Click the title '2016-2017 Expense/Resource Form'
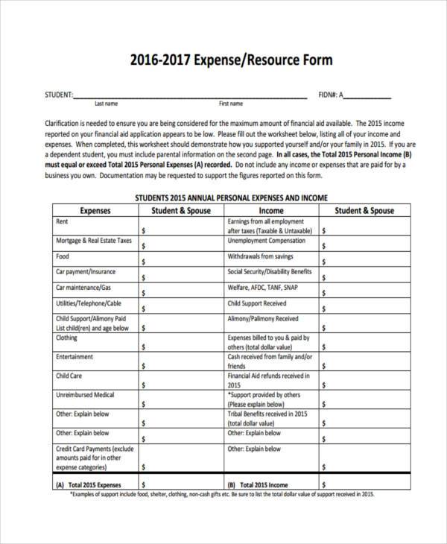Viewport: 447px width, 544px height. pyautogui.click(x=223, y=59)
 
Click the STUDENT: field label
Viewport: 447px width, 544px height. pyautogui.click(x=58, y=95)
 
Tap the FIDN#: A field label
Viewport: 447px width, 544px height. pyautogui.click(x=331, y=95)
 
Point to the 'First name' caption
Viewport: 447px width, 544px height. pyautogui.click(x=231, y=104)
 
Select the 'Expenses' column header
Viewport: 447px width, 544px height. pyautogui.click(x=95, y=211)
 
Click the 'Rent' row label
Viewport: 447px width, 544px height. pyautogui.click(x=63, y=221)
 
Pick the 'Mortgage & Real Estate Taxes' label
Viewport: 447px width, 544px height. pyautogui.click(x=93, y=241)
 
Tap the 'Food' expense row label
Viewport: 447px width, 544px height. pyautogui.click(x=63, y=256)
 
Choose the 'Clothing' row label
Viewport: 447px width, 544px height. pyautogui.click(x=66, y=337)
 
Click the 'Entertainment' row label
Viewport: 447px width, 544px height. pyautogui.click(x=74, y=357)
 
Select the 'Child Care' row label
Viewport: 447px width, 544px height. pyautogui.click(x=68, y=376)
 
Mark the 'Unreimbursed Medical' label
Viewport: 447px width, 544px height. pyautogui.click(x=84, y=394)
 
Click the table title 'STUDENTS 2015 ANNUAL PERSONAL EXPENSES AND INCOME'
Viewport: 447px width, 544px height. pyautogui.click(x=230, y=199)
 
